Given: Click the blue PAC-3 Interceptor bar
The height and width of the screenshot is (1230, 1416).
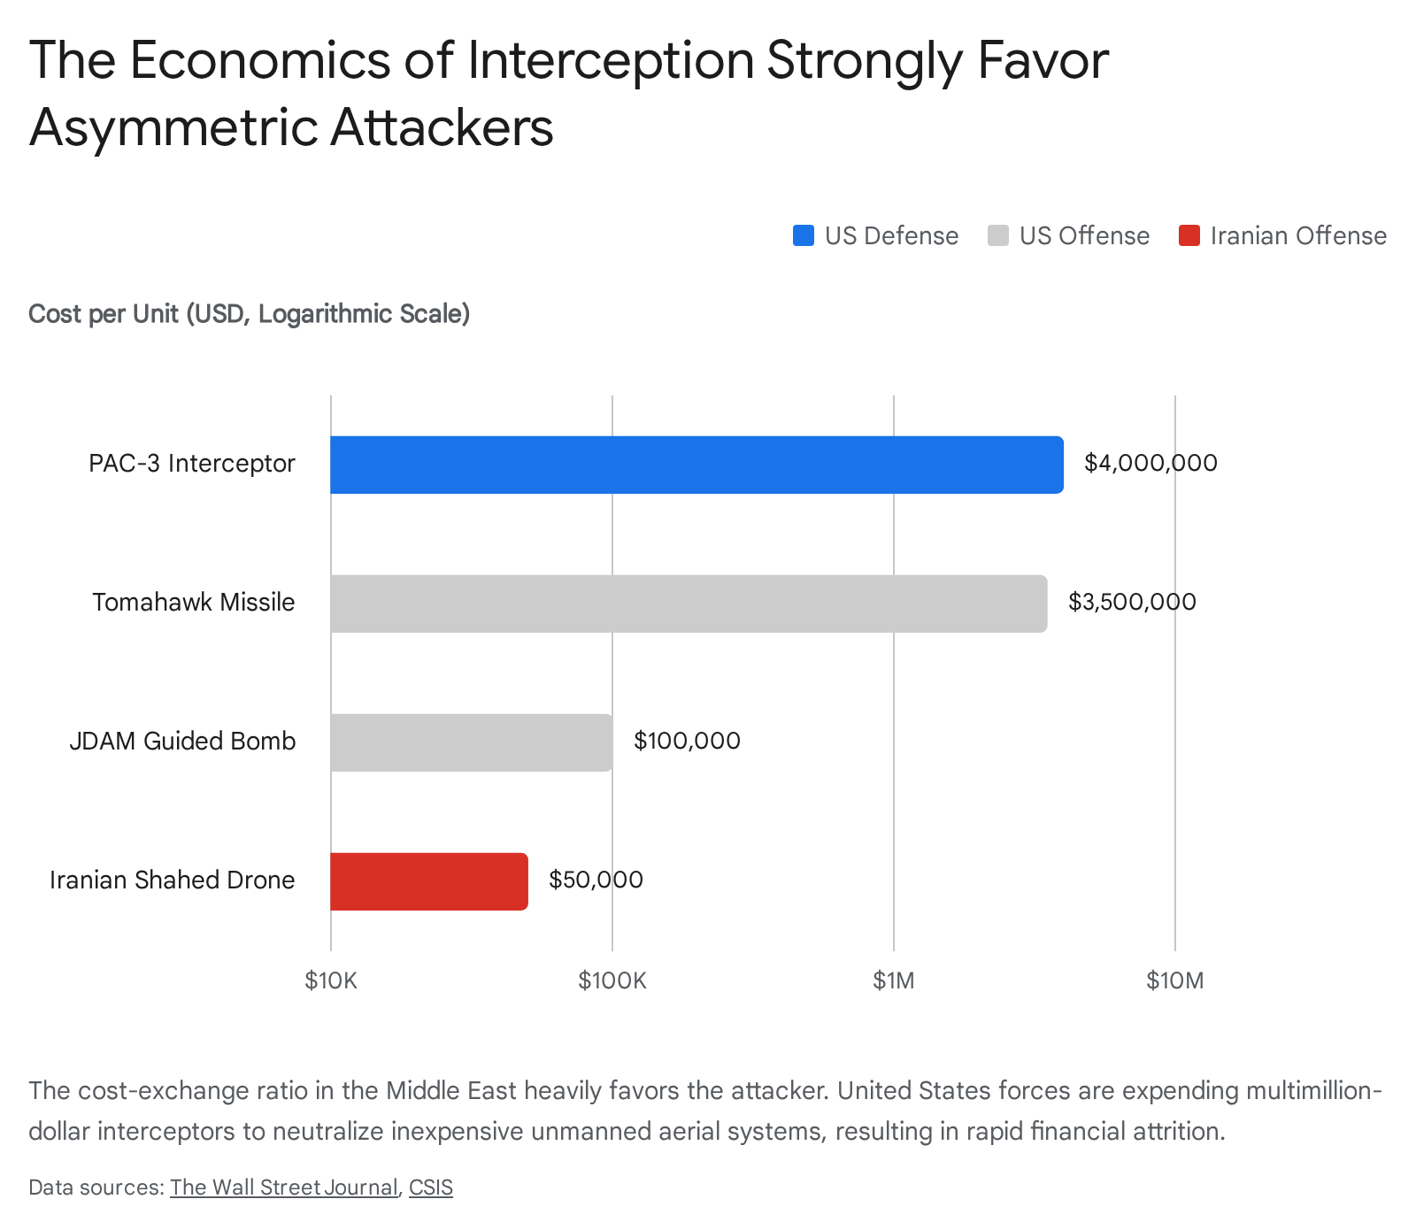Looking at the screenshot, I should pyautogui.click(x=696, y=465).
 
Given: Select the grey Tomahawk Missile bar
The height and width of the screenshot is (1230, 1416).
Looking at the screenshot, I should pyautogui.click(x=689, y=603).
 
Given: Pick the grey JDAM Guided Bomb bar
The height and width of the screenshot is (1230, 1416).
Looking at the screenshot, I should pyautogui.click(x=471, y=742).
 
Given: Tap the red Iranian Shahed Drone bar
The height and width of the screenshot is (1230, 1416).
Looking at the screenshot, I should pyautogui.click(x=429, y=881).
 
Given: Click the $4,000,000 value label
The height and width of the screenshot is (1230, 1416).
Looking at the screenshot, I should pyautogui.click(x=1150, y=463).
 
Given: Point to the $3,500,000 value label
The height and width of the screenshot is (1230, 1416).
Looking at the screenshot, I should pyautogui.click(x=1132, y=602).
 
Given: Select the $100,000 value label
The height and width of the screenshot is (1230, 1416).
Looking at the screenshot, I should pyautogui.click(x=687, y=741).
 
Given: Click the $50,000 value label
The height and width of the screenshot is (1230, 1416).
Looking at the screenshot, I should pyautogui.click(x=596, y=880).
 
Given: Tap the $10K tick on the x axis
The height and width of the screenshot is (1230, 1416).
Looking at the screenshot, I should pyautogui.click(x=331, y=980).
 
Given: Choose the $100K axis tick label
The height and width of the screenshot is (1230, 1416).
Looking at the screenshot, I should pyautogui.click(x=612, y=980).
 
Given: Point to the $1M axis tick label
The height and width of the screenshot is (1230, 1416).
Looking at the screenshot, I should pyautogui.click(x=894, y=980).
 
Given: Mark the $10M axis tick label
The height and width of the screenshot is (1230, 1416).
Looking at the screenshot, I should pyautogui.click(x=1174, y=980).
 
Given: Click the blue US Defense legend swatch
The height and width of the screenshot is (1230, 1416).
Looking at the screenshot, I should pyautogui.click(x=804, y=236).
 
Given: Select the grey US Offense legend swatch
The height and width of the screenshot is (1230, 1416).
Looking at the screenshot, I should pyautogui.click(x=998, y=236).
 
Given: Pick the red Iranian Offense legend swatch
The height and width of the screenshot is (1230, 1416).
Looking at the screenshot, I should pyautogui.click(x=1189, y=236).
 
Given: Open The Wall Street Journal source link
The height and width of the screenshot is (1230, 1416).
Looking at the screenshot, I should pyautogui.click(x=283, y=1188).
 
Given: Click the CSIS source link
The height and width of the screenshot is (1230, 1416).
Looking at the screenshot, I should pyautogui.click(x=430, y=1188).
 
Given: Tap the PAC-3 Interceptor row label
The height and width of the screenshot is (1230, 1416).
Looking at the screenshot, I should pyautogui.click(x=191, y=464).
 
